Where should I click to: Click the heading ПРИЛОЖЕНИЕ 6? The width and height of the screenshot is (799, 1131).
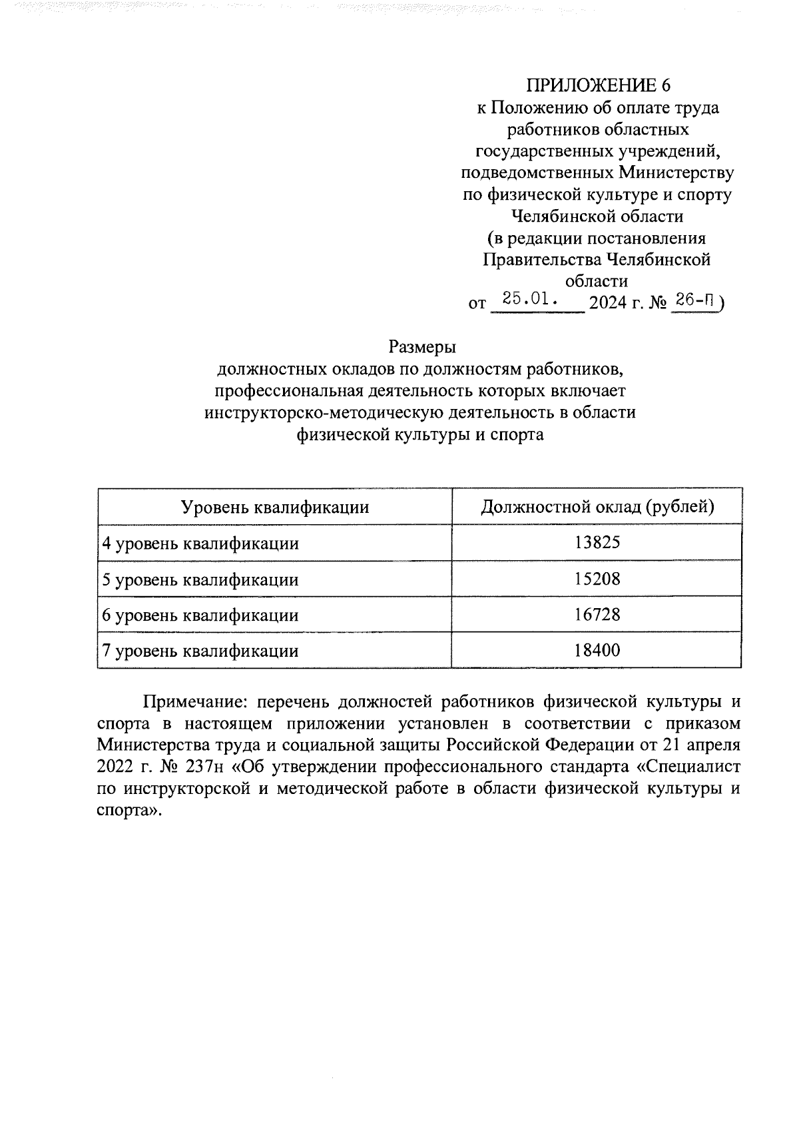click(x=597, y=85)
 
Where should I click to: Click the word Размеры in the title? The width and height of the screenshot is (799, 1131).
click(x=420, y=347)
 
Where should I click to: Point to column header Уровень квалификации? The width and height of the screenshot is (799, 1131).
click(x=275, y=508)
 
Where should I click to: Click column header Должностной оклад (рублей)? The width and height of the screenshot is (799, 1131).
click(x=597, y=508)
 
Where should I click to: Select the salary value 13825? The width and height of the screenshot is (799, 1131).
click(x=597, y=543)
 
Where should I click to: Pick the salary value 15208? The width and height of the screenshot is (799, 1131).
click(x=597, y=579)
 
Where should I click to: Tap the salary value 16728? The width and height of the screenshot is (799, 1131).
click(x=597, y=615)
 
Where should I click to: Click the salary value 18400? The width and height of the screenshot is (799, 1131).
click(x=597, y=650)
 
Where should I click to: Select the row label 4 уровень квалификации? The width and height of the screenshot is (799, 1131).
click(x=200, y=544)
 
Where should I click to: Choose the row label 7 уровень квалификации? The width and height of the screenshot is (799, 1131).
click(x=200, y=651)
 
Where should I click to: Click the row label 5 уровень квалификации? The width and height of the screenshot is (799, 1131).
click(x=200, y=579)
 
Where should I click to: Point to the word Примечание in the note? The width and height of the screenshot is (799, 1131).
click(x=194, y=701)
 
